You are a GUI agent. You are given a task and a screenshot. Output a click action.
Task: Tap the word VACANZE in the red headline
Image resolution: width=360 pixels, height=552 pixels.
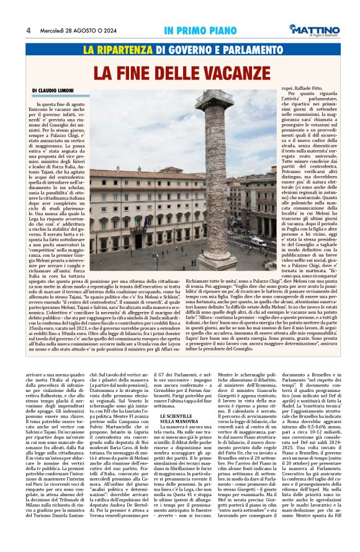coord(223,71)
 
